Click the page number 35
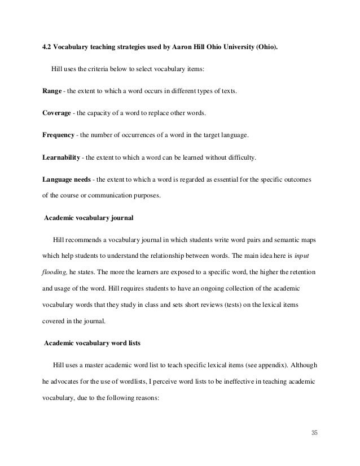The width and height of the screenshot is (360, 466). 315,433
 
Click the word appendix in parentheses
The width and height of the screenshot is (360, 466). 265,366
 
